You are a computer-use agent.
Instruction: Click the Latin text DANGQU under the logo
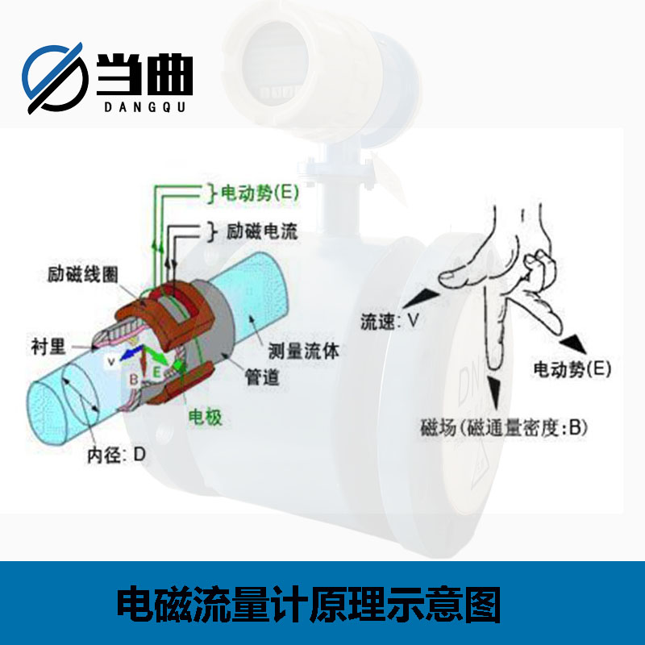(145, 107)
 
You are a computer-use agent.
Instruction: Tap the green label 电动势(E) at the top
(260, 193)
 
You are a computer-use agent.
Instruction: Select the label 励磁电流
(262, 231)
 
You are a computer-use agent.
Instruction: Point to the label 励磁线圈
(83, 274)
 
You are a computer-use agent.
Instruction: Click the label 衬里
(48, 347)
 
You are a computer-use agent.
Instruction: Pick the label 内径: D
(116, 455)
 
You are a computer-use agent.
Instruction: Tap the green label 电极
(206, 417)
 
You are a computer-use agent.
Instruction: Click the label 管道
(262, 377)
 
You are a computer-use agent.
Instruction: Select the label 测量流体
(304, 351)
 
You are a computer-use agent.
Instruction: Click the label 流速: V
(389, 321)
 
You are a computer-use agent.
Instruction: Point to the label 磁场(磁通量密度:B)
(503, 427)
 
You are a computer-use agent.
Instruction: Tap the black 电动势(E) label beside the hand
(572, 369)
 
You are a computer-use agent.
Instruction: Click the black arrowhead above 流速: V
(421, 298)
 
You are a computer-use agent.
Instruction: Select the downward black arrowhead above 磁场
(494, 393)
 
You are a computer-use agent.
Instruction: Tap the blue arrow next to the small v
(132, 353)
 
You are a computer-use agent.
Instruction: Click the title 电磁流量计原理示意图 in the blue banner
(309, 604)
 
